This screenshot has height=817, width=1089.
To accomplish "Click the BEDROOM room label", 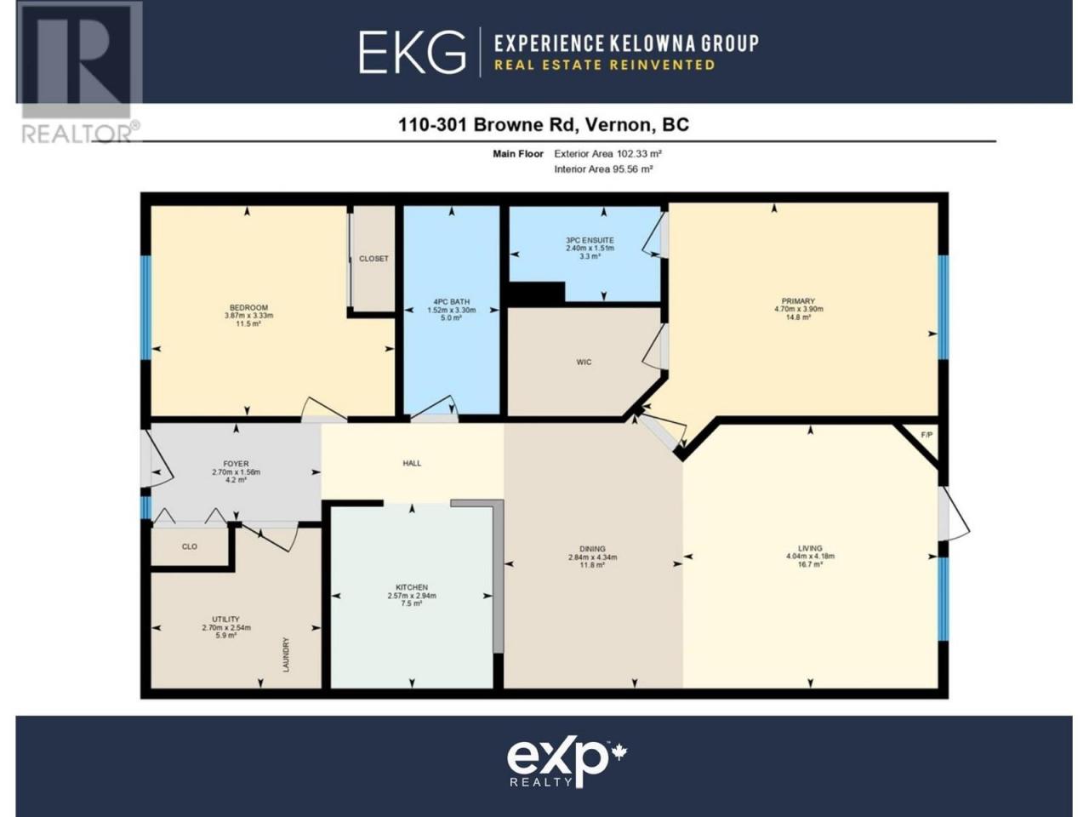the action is click(x=248, y=307).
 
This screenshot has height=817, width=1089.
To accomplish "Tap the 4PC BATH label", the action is click(x=452, y=301).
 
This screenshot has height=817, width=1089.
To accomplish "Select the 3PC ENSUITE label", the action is click(x=590, y=240).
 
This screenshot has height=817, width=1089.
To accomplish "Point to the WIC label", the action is click(x=584, y=363).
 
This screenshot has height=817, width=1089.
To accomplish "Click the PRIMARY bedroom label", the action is click(x=798, y=301).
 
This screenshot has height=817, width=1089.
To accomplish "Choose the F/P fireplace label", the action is click(x=927, y=435).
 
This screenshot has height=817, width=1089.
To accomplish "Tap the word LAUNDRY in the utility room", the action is click(x=286, y=654).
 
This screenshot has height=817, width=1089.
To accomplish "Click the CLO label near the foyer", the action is click(x=190, y=546).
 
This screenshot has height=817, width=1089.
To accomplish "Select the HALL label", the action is click(x=412, y=463).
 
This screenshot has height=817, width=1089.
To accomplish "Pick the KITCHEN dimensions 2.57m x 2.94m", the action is click(x=412, y=596).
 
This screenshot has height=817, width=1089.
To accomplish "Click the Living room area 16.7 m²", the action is click(x=810, y=564).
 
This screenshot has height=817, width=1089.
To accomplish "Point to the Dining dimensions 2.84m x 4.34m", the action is click(x=592, y=557).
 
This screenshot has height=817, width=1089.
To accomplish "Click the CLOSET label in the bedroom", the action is click(x=373, y=259).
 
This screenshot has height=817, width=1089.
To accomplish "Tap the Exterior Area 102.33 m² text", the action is click(x=607, y=154).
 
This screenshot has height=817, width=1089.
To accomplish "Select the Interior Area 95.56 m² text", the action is click(x=603, y=169).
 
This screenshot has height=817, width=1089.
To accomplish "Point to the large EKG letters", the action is click(x=413, y=52).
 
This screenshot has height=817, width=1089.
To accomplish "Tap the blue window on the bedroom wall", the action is click(x=145, y=307).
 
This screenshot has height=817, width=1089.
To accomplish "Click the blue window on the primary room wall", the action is click(x=944, y=307).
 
